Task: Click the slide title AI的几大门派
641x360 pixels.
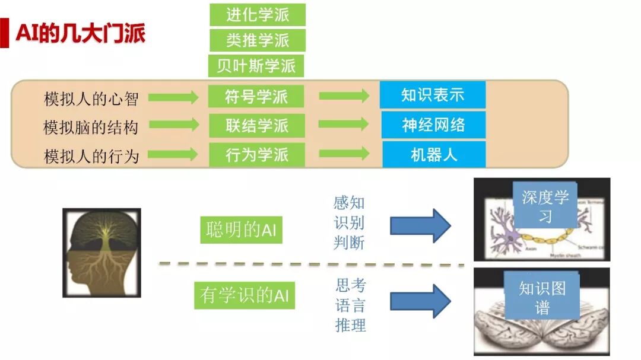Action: (x=80, y=34)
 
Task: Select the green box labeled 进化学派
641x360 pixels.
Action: (x=257, y=15)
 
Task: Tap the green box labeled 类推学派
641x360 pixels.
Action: (x=257, y=40)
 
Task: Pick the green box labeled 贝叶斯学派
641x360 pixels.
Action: (x=256, y=66)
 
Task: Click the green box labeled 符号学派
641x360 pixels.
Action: (x=256, y=97)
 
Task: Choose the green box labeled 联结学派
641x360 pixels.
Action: (x=256, y=126)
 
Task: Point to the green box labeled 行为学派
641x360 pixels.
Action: (x=256, y=155)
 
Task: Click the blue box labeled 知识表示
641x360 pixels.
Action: (x=433, y=95)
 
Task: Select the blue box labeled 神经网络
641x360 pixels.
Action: (x=433, y=125)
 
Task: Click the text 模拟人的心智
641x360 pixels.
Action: (x=91, y=98)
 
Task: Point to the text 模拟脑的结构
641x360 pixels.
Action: (x=91, y=127)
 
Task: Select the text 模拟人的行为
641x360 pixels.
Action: (x=91, y=156)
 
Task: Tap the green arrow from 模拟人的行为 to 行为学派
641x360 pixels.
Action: (x=173, y=155)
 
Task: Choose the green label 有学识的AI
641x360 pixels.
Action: (x=245, y=295)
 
